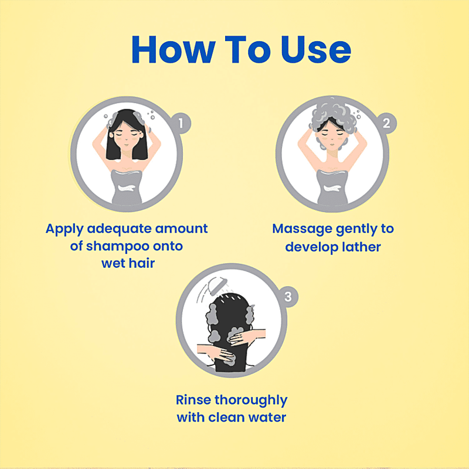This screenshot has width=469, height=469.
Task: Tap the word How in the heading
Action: (x=174, y=50)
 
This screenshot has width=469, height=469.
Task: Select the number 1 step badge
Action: (x=181, y=123)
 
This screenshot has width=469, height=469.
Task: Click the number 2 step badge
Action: (x=386, y=123)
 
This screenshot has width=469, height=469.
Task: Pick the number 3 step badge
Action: (x=288, y=297)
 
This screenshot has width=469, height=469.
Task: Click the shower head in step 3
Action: (x=217, y=286)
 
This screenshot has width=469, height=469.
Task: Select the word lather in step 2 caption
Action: (x=361, y=247)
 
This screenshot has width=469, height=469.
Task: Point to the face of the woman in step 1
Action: (x=126, y=138)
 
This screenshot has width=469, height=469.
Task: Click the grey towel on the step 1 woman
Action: (x=127, y=187)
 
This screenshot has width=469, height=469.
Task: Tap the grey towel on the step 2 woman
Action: (x=332, y=187)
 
